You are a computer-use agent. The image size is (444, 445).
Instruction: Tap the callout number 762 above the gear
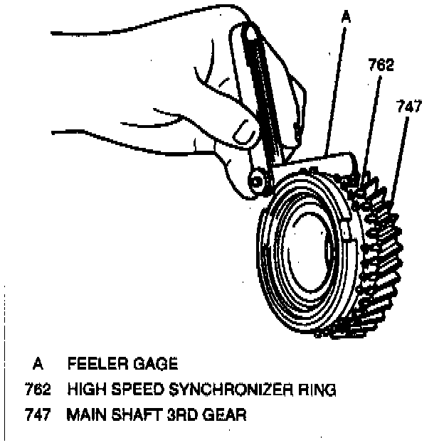(x=381, y=65)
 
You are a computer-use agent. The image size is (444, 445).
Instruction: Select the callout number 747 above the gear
(x=408, y=107)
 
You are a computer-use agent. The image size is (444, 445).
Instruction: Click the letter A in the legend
(x=38, y=365)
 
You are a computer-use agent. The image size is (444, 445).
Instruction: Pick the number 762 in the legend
(x=38, y=390)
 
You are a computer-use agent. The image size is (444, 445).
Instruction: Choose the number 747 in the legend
(x=38, y=414)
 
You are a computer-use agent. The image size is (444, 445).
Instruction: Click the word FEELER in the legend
(x=94, y=365)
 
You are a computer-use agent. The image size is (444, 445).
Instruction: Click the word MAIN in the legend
(x=86, y=414)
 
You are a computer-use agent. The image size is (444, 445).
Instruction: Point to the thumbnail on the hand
(x=244, y=129)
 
